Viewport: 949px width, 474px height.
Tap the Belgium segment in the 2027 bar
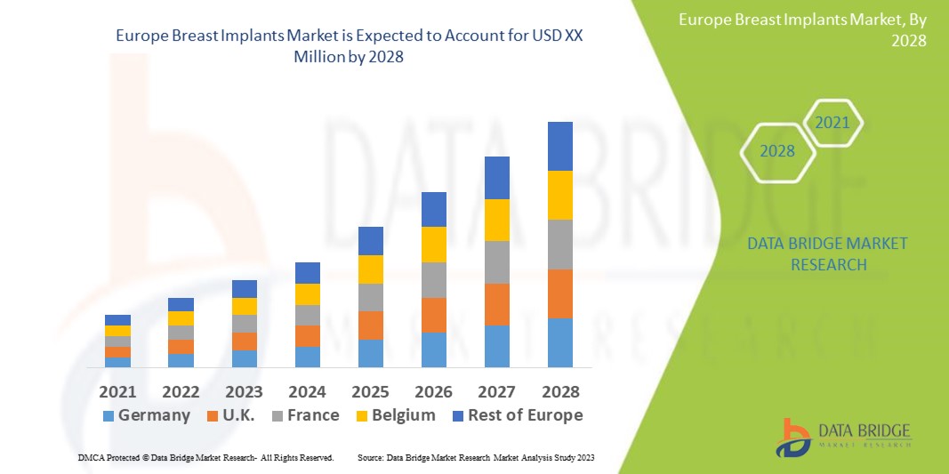click(496, 220)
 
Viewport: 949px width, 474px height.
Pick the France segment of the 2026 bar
click(433, 279)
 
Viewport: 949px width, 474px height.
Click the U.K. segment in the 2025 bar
click(370, 325)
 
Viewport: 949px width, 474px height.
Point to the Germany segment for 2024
click(307, 357)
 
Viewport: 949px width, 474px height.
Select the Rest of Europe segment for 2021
click(117, 320)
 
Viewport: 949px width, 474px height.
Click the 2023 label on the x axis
click(244, 391)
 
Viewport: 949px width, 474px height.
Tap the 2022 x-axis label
click(181, 391)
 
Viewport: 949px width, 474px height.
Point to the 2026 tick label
click(433, 391)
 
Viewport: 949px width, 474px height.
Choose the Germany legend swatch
click(109, 415)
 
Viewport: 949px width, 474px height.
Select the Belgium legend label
click(404, 415)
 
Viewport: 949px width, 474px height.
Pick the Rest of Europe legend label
click(525, 415)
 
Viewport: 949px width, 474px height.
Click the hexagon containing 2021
click(832, 123)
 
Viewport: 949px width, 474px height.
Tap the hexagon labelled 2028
click(777, 151)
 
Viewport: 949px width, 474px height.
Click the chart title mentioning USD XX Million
click(355, 44)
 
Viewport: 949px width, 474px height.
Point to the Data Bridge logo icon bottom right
click(794, 438)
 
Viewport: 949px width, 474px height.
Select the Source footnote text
click(475, 457)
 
